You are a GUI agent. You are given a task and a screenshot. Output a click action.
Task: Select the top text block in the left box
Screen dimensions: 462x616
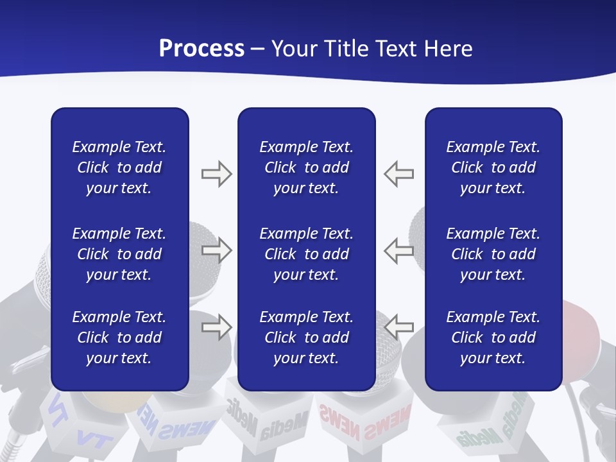[x=119, y=167]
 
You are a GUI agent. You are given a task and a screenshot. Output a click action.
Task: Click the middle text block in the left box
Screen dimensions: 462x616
[x=119, y=254]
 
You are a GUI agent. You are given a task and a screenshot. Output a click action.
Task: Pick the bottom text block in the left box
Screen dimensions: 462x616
[x=119, y=338]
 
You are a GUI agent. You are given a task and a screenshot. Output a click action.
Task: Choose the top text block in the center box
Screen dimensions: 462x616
[x=306, y=167]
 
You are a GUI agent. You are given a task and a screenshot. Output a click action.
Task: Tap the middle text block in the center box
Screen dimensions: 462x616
[x=306, y=254]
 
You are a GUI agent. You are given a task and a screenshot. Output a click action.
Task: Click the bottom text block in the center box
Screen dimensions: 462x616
[x=306, y=338]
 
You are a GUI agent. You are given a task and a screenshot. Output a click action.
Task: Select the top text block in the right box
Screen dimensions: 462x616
[x=493, y=167]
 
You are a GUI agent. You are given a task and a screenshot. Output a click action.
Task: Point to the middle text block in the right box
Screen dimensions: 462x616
[x=493, y=254]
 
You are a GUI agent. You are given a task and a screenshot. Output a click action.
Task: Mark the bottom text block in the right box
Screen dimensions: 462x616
[x=493, y=338]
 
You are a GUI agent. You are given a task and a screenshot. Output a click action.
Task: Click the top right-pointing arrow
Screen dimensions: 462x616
[x=216, y=174]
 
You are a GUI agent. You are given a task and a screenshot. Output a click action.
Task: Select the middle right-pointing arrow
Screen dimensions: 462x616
[x=216, y=250]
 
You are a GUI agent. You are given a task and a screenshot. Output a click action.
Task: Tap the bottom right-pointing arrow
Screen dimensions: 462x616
[x=216, y=327]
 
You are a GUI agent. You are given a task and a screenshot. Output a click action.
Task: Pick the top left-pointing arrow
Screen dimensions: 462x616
[x=398, y=174]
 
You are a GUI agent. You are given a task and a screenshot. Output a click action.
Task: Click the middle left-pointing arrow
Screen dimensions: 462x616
[x=398, y=250]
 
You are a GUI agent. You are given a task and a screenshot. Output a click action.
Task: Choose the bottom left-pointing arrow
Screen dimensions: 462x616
[x=398, y=327]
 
